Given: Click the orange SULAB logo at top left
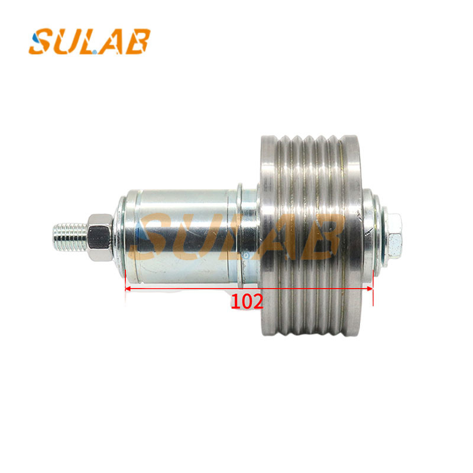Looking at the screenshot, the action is pos(90,41).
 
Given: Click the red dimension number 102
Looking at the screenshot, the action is pos(247,302).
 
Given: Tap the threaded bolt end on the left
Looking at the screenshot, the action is pos(70,237).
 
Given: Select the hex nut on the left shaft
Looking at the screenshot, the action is pos(100,237).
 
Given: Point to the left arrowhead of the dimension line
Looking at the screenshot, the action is pos(128,289).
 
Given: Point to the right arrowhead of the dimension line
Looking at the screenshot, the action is pos(370,289).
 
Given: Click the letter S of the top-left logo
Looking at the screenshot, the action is pos(41,41).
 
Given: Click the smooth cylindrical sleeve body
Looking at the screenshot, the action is pos(181,237).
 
